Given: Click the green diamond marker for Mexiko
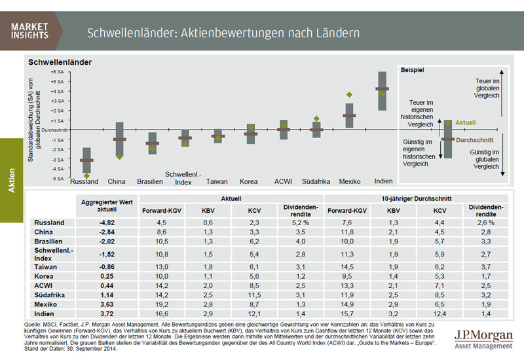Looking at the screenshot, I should [x=349, y=95].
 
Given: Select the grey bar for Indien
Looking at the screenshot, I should [x=382, y=92].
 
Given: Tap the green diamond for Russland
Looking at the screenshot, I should [x=86, y=175].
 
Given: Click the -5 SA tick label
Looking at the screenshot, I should [x=57, y=177].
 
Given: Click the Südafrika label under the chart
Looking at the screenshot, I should [x=316, y=181].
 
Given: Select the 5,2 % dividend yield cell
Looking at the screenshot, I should [x=300, y=223].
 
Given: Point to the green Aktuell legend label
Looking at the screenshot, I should [x=465, y=122].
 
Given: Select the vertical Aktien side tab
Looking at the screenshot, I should [x=12, y=177].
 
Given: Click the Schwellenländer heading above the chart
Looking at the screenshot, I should [x=60, y=62].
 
